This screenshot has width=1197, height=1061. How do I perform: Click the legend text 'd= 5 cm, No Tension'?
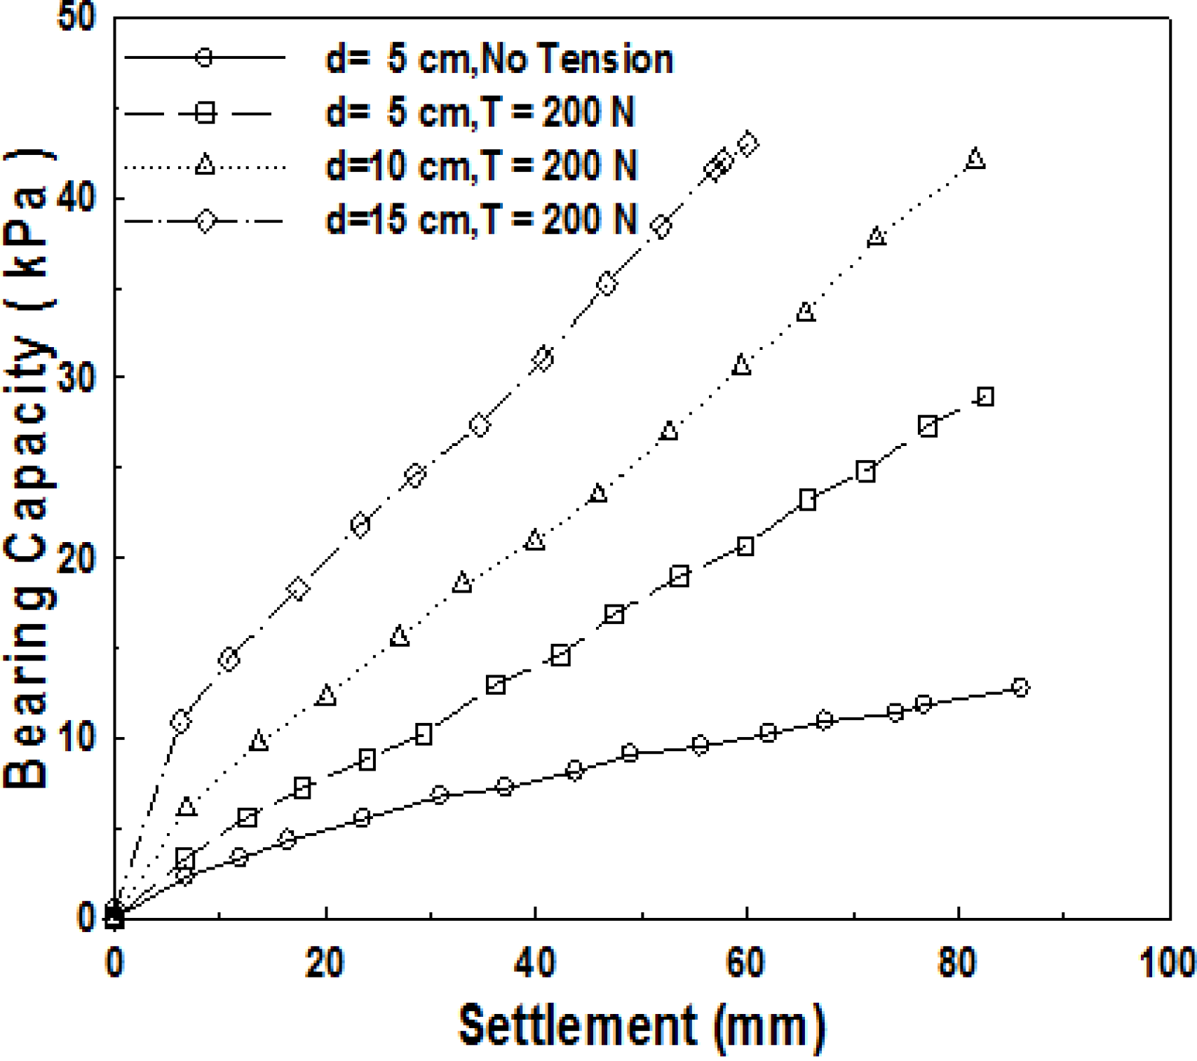(499, 58)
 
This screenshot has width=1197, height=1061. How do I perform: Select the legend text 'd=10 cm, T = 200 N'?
(481, 166)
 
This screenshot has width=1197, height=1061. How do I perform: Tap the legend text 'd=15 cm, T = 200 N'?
(481, 219)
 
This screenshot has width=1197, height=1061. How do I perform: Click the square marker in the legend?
(205, 112)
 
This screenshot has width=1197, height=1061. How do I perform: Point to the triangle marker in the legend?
(205, 165)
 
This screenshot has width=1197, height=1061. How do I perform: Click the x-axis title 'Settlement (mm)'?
(641, 1026)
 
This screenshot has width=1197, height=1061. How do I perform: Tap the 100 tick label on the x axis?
(1167, 962)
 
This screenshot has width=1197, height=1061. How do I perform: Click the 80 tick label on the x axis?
(957, 962)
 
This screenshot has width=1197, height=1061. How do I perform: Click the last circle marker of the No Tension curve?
(1020, 687)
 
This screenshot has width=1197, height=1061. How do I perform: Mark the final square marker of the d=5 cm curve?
(985, 397)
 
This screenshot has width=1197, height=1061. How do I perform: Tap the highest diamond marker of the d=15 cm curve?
(748, 144)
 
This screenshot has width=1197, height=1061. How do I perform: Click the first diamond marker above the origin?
(181, 721)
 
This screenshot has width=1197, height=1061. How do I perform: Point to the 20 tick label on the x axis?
(325, 962)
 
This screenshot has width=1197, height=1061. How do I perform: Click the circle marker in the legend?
(204, 57)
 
